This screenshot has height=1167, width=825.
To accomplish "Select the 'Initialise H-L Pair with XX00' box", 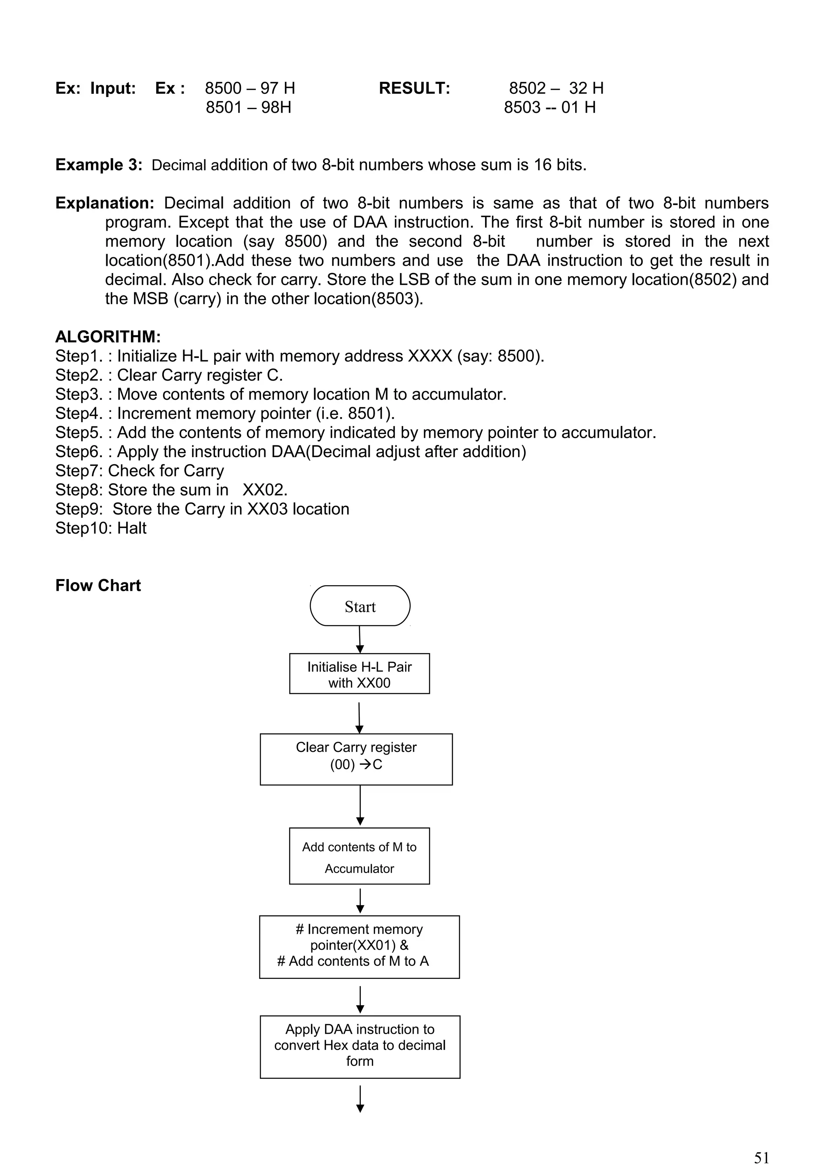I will coord(359,673).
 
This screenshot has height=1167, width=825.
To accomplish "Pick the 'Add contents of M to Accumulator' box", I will coord(359,857).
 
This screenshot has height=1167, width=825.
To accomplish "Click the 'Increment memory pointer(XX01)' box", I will coord(359,946).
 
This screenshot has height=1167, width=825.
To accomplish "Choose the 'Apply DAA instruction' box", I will coord(360,1046).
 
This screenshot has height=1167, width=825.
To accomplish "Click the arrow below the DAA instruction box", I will coord(360,1099).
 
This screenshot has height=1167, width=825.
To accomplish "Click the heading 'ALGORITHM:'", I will coord(108,337).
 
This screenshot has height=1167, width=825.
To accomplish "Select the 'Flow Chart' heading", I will coord(98,586).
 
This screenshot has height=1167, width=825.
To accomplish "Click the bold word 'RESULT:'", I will coord(414,89).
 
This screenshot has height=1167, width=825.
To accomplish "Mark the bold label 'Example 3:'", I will coord(99,165).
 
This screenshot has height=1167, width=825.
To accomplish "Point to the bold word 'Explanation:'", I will coord(105,203).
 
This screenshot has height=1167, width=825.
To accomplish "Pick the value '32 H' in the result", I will coord(586,89).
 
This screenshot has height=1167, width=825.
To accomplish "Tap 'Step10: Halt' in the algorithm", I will coord(101,528).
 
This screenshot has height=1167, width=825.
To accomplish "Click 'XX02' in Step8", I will coord(264,490).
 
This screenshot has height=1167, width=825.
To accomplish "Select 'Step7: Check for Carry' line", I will coord(139,471).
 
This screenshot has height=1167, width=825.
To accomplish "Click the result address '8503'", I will coord(522,107).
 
